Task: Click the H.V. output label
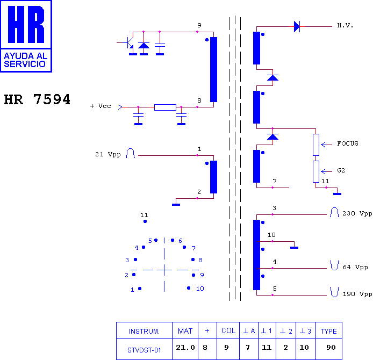pyautogui.click(x=345, y=25)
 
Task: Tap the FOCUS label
pyautogui.click(x=348, y=143)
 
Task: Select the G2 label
pyautogui.click(x=341, y=170)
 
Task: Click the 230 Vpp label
pyautogui.click(x=357, y=213)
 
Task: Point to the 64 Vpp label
pyautogui.click(x=355, y=267)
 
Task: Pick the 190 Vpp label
pyautogui.click(x=357, y=294)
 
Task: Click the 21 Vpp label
pyautogui.click(x=107, y=154)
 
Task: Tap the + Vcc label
pyautogui.click(x=101, y=106)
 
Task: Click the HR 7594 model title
pyautogui.click(x=37, y=99)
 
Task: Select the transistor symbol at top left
pyautogui.click(x=130, y=43)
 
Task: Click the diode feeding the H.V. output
pyautogui.click(x=297, y=26)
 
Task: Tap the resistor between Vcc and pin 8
pyautogui.click(x=165, y=107)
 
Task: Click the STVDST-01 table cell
pyautogui.click(x=144, y=350)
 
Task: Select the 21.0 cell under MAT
pyautogui.click(x=185, y=348)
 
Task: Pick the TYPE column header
pyautogui.click(x=329, y=331)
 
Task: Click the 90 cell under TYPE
pyautogui.click(x=331, y=348)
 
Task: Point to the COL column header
pyautogui.click(x=228, y=331)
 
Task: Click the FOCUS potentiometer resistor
pyautogui.click(x=316, y=145)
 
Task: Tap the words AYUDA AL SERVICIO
pyautogui.click(x=25, y=60)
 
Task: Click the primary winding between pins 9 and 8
pyautogui.click(x=213, y=69)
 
